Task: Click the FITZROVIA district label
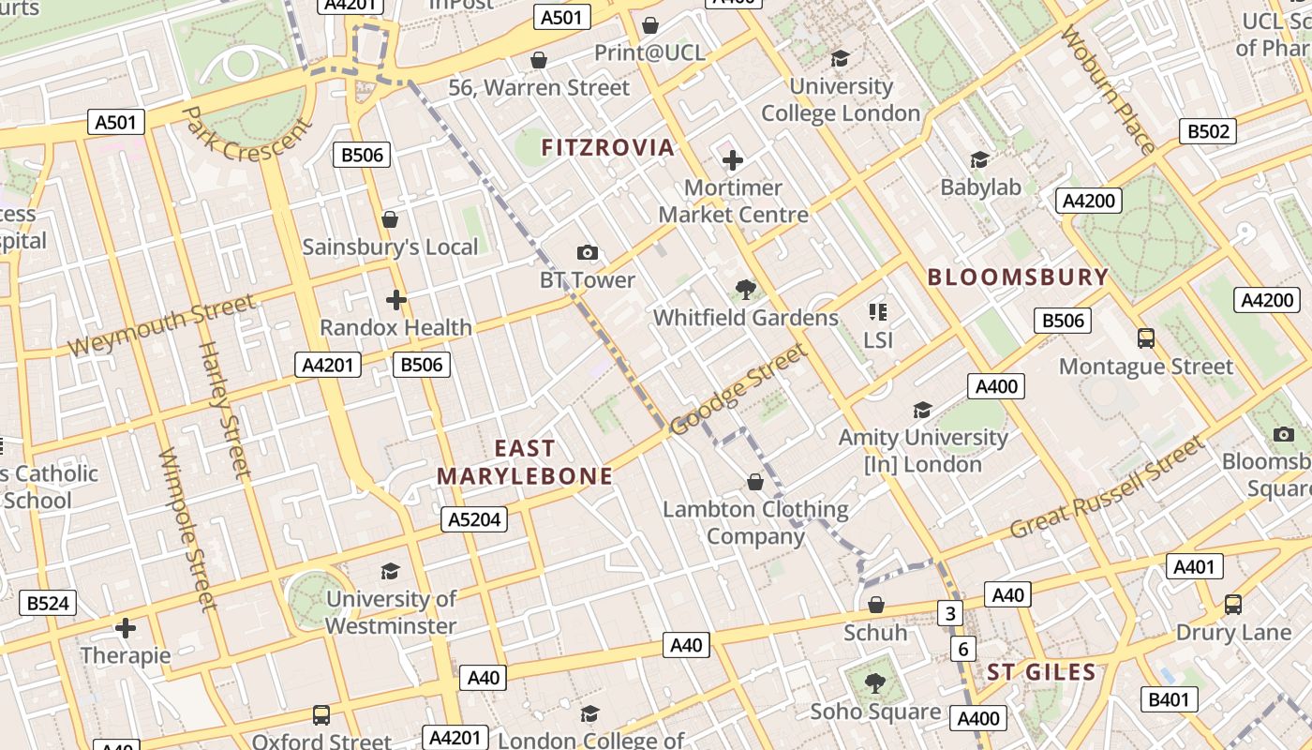pos(607,147)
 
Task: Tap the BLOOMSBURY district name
pos(1018,277)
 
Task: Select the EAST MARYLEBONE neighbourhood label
pos(525,462)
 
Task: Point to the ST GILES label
pos(1040,672)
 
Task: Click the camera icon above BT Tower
pos(588,252)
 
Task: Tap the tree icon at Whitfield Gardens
pos(745,289)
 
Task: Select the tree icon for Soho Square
pos(875,683)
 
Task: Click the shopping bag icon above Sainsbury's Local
pos(390,219)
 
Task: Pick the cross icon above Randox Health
pos(396,300)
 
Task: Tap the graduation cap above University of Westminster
pos(390,571)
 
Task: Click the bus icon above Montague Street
pos(1145,337)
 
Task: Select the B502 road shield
pos(1208,131)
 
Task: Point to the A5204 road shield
pos(474,519)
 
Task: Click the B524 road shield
pos(48,603)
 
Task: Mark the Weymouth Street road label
pos(161,325)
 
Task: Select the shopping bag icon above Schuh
pos(876,605)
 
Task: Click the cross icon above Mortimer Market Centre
pos(733,160)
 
